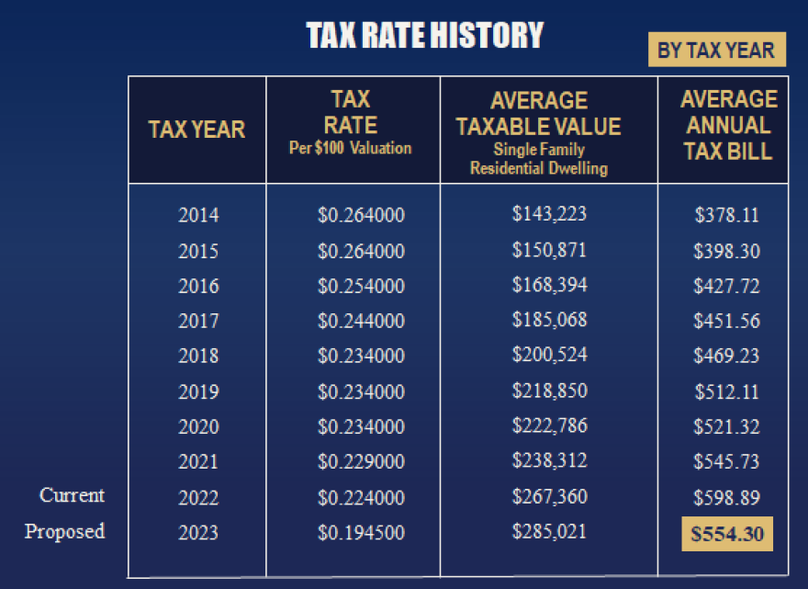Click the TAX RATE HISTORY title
pyautogui.click(x=425, y=36)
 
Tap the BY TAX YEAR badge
pyautogui.click(x=716, y=50)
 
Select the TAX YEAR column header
pyautogui.click(x=196, y=130)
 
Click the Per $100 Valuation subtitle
pyautogui.click(x=351, y=148)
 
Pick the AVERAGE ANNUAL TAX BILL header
pyautogui.click(x=728, y=125)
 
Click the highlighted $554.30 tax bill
pyautogui.click(x=726, y=534)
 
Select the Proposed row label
pyautogui.click(x=64, y=531)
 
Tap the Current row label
pyautogui.click(x=72, y=495)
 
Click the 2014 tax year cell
pyautogui.click(x=198, y=216)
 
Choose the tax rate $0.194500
pyautogui.click(x=361, y=532)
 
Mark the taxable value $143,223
pyautogui.click(x=549, y=214)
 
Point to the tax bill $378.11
pyautogui.click(x=726, y=216)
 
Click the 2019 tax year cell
pyautogui.click(x=198, y=392)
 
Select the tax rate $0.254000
pyautogui.click(x=361, y=286)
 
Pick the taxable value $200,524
pyautogui.click(x=549, y=355)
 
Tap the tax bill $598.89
pyautogui.click(x=726, y=497)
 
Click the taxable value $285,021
pyautogui.click(x=549, y=530)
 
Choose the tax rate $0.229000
pyautogui.click(x=361, y=462)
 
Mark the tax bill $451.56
pyautogui.click(x=726, y=321)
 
